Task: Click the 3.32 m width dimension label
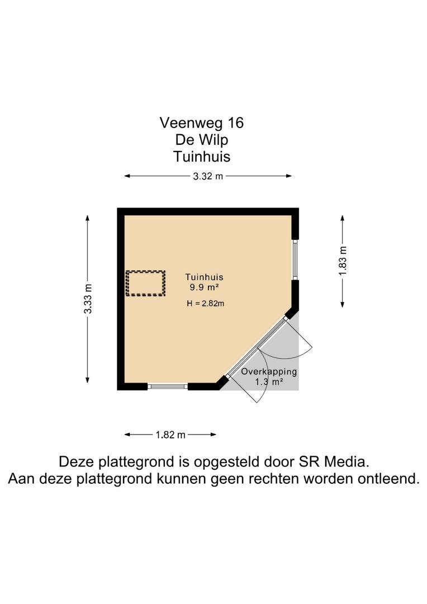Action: (208, 176)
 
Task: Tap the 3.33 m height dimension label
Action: (88, 299)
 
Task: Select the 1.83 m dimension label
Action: (343, 261)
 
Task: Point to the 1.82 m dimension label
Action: (170, 435)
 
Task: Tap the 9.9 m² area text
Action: (204, 287)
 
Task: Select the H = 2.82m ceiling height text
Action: (206, 304)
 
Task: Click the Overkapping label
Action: (269, 372)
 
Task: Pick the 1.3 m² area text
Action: (269, 382)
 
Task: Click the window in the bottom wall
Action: (168, 386)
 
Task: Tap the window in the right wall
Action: (295, 259)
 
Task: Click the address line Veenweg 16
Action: (202, 123)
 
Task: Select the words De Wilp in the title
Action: (202, 139)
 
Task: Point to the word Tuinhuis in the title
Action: (202, 157)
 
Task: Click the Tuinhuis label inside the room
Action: (204, 277)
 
